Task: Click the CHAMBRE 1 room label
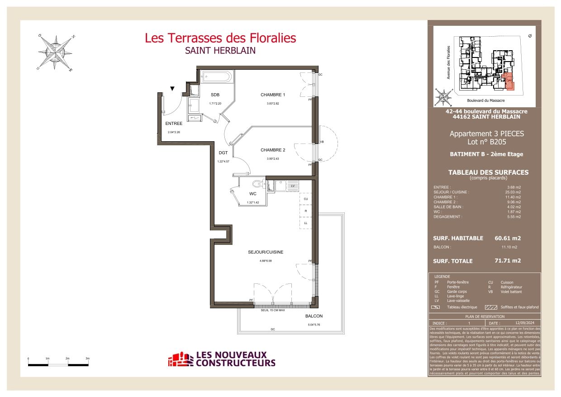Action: pos(273,95)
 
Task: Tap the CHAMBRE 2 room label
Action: pos(273,150)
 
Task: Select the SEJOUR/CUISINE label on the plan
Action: pos(266,252)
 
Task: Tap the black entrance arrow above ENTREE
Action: pos(172,89)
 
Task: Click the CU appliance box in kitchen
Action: pos(306,199)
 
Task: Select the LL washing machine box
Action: pos(306,223)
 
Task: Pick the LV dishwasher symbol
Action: pos(293,186)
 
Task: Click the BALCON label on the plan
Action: pos(314,316)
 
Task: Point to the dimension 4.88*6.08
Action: pos(266,261)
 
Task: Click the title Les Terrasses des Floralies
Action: pos(220,38)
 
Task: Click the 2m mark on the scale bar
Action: pos(67,359)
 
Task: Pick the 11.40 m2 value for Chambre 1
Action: pos(513,197)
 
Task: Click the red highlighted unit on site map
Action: pos(509,81)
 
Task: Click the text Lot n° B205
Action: pos(486,142)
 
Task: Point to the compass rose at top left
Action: pos(55,53)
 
